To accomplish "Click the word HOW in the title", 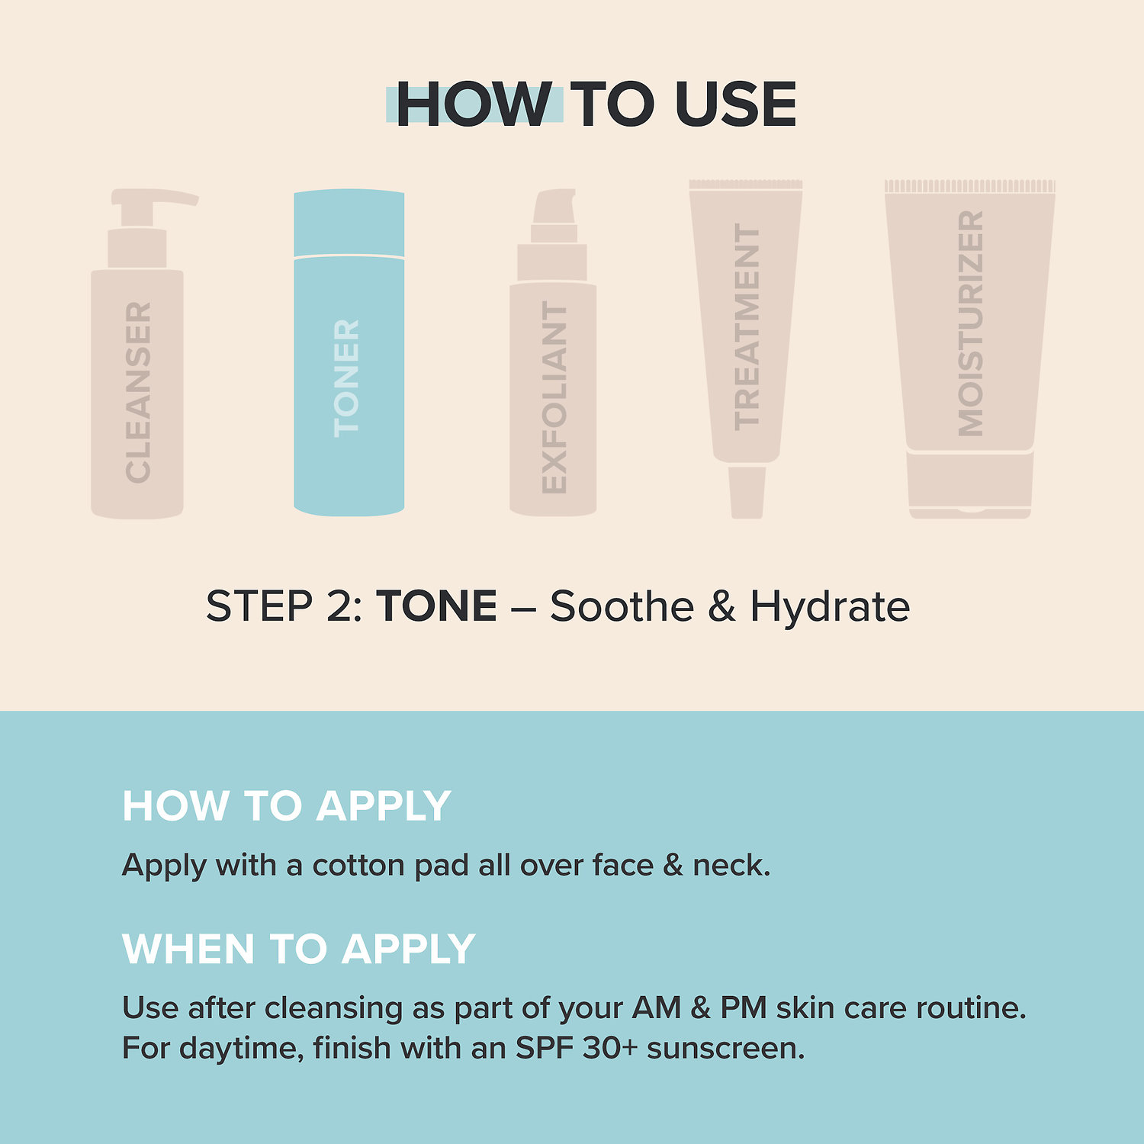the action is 474,104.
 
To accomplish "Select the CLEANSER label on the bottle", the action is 138,392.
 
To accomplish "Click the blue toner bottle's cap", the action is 349,223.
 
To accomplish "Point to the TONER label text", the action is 346,378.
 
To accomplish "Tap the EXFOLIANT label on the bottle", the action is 554,397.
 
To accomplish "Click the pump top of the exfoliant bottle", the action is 554,206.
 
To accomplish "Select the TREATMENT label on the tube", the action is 747,327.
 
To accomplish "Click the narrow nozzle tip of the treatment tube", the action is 747,492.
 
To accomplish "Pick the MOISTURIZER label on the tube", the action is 970,323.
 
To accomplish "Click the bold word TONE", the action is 436,606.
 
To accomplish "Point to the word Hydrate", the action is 830,608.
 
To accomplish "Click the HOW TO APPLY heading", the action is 287,806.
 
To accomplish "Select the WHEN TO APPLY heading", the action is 299,950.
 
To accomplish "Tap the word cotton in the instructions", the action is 358,866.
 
